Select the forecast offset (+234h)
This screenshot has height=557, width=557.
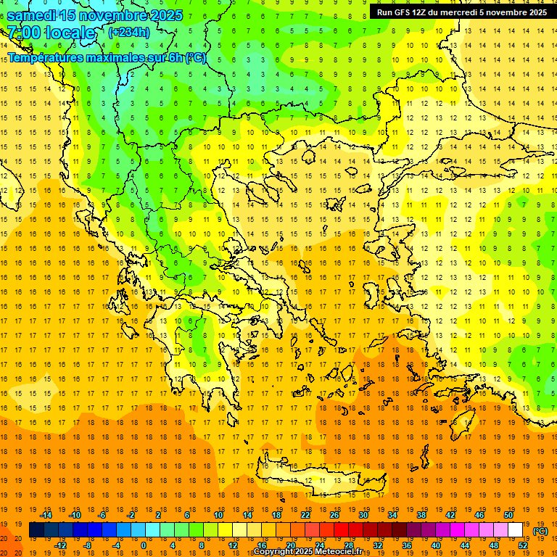click(129, 32)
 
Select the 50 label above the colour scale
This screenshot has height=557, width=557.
click(508, 514)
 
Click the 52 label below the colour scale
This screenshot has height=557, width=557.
click(522, 545)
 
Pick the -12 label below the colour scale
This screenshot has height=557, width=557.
click(60, 545)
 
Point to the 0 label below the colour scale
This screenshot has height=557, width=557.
click(143, 545)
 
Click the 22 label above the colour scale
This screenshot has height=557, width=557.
click(305, 514)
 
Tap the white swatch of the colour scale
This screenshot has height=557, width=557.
click(515, 530)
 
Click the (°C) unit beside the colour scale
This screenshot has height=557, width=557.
click(540, 530)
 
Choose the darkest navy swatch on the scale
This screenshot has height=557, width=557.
click(36, 530)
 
